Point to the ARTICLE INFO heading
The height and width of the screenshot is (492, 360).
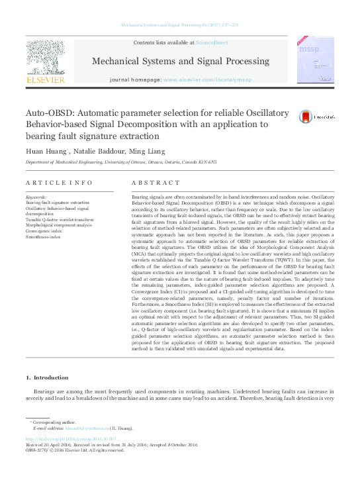tap(59, 182)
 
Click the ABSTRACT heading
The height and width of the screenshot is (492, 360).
tap(152, 182)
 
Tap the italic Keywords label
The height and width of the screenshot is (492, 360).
tap(36, 197)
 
